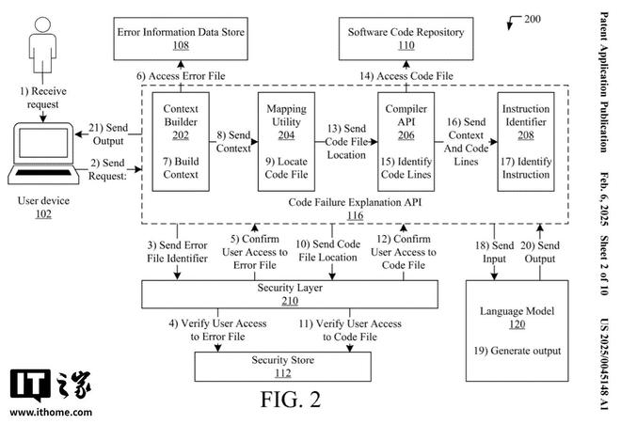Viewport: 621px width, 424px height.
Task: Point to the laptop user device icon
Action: [x=40, y=156]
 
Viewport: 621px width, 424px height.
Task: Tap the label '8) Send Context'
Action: [x=233, y=141]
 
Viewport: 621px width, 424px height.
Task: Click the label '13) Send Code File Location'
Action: [x=346, y=141]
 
